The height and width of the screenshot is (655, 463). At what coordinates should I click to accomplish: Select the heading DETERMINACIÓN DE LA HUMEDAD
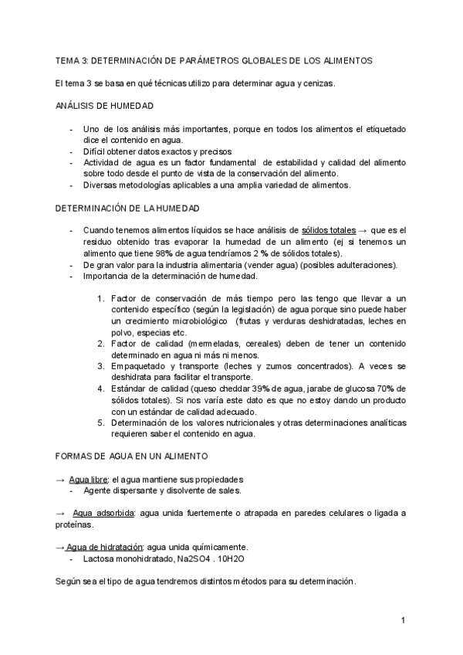128,209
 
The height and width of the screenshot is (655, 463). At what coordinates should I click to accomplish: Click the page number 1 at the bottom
403,620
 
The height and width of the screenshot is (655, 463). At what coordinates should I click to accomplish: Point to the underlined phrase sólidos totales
327,231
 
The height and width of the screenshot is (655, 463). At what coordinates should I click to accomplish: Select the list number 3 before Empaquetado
101,365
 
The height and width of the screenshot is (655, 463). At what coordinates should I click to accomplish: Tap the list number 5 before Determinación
101,423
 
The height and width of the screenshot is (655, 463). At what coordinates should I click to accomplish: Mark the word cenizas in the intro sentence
319,83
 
